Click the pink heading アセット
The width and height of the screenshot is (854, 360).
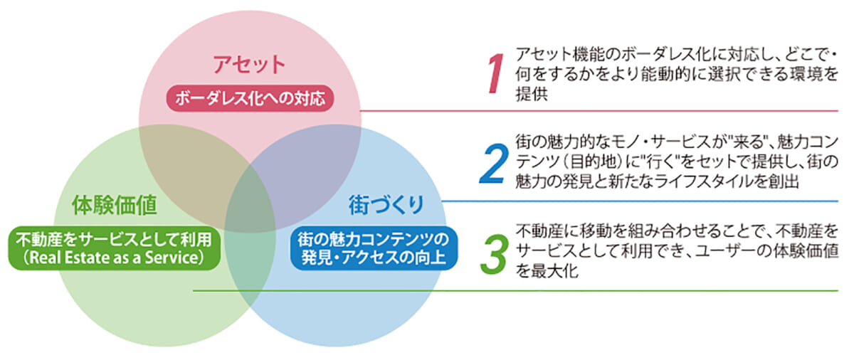249,65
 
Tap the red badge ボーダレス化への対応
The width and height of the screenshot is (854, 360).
250,97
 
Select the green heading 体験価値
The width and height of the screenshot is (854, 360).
114,206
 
